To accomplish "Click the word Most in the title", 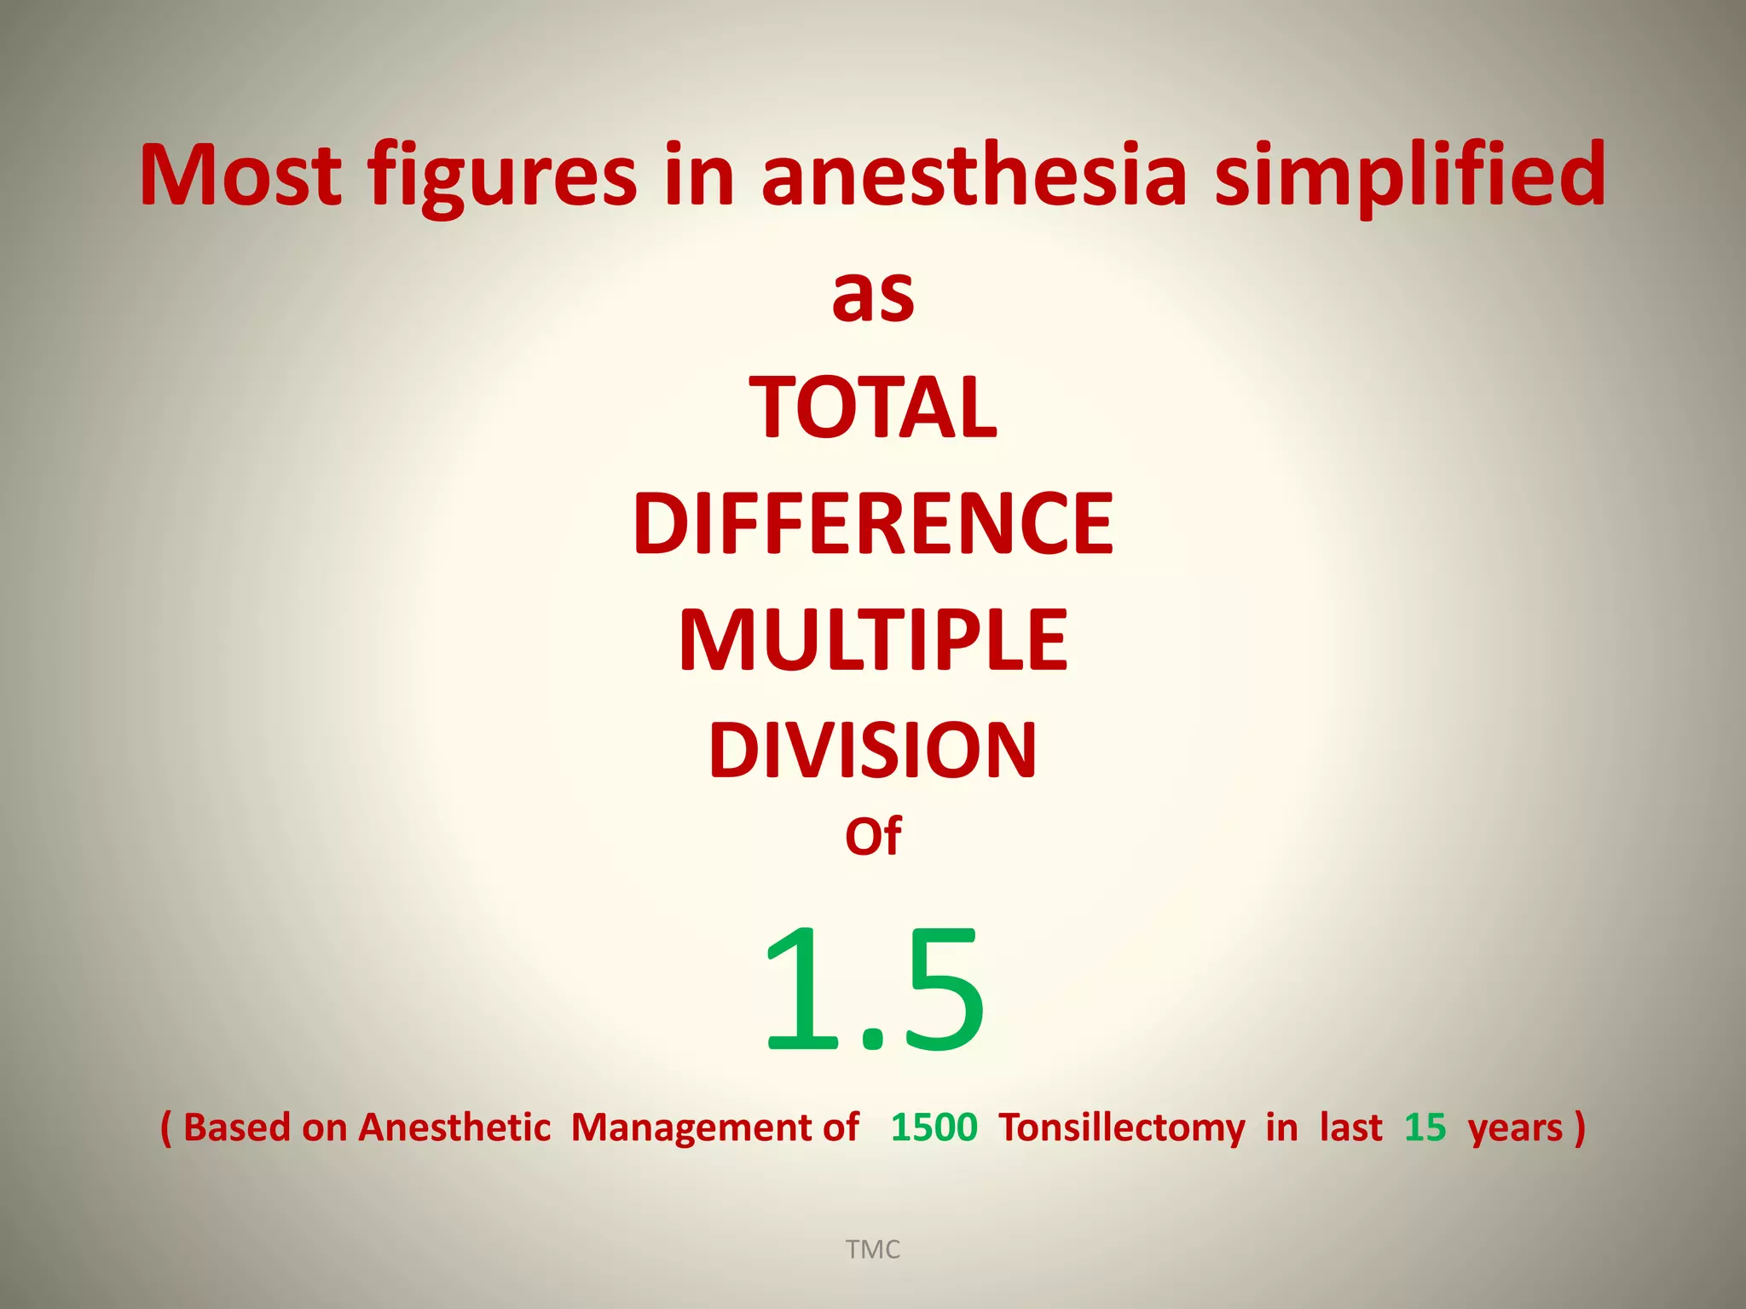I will pos(240,175).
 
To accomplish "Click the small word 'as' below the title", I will pos(873,296).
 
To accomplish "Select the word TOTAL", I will pos(873,408).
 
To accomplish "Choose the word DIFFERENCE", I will pos(873,524).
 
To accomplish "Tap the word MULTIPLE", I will pos(873,641).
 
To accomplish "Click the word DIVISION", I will pos(873,751).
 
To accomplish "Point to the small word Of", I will pos(873,837).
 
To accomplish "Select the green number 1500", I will pos(934,1127).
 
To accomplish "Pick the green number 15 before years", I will pos(1425,1127).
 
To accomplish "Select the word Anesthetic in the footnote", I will pos(454,1127).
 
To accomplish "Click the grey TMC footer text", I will pos(873,1249).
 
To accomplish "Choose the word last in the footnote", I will pos(1350,1127).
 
